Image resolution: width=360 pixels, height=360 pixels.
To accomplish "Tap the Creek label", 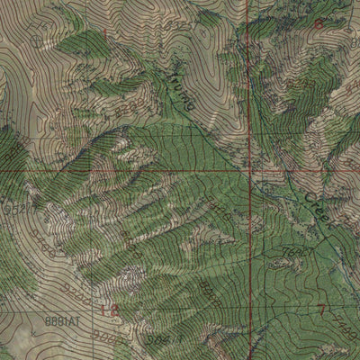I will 317,210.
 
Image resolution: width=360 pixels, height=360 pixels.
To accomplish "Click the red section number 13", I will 111,310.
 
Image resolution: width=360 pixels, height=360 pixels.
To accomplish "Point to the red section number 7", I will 322,310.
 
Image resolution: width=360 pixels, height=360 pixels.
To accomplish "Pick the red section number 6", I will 319,25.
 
